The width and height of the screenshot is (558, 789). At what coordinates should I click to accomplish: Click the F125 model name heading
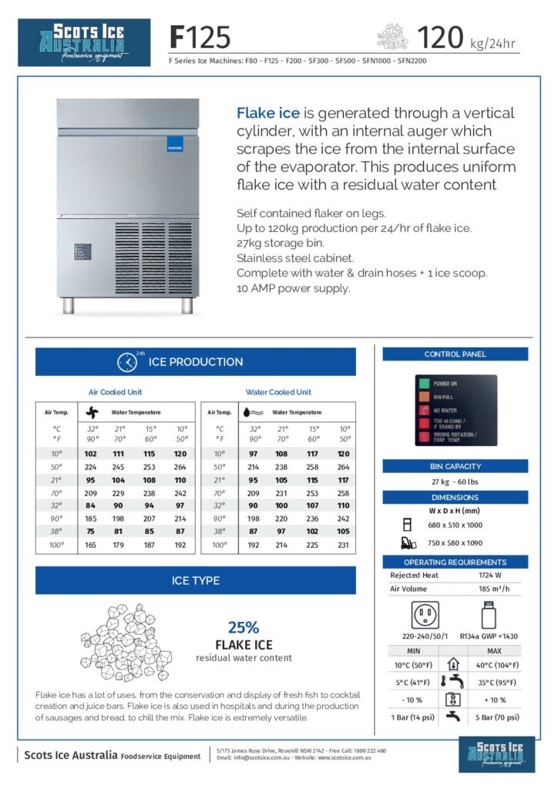coord(200,37)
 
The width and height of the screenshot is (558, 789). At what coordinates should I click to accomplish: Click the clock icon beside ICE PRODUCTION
coord(127,361)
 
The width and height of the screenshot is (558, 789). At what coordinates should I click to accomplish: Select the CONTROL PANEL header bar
coord(455,354)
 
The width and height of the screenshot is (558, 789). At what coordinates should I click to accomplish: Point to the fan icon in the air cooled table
coord(92,412)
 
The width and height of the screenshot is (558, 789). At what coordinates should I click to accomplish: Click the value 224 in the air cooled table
coord(92,466)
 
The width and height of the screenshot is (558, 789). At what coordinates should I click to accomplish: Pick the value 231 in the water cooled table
coord(343,545)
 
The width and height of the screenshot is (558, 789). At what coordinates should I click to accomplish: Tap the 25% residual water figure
coord(244,627)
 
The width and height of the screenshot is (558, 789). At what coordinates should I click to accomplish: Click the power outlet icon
coord(425,615)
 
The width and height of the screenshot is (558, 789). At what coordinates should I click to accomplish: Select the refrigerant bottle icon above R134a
coord(487,615)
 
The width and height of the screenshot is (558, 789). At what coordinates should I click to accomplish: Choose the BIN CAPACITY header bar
coord(455,466)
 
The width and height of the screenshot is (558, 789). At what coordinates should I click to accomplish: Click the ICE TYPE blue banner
coord(196,580)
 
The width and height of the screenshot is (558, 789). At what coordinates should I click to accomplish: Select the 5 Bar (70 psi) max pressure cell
coord(497,717)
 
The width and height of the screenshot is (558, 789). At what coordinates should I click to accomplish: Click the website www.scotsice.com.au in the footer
coord(345,758)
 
